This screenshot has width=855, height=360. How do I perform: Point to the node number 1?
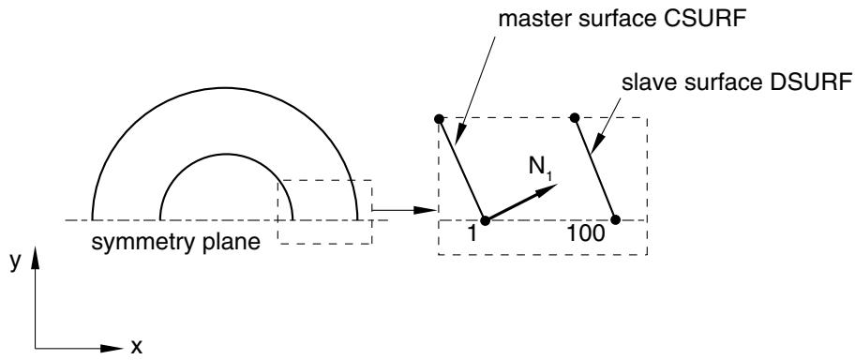click(x=472, y=234)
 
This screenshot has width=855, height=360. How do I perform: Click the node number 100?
click(x=586, y=234)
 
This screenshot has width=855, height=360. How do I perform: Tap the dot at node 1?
click(x=487, y=219)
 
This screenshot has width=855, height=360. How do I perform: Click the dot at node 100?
click(x=616, y=219)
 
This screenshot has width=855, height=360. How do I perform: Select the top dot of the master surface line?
click(x=440, y=118)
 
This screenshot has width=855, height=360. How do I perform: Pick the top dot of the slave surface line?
click(x=574, y=118)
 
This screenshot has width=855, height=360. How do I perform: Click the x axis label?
click(x=136, y=346)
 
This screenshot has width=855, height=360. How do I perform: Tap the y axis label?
click(x=15, y=262)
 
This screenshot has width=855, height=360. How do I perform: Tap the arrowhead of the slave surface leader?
click(x=596, y=142)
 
